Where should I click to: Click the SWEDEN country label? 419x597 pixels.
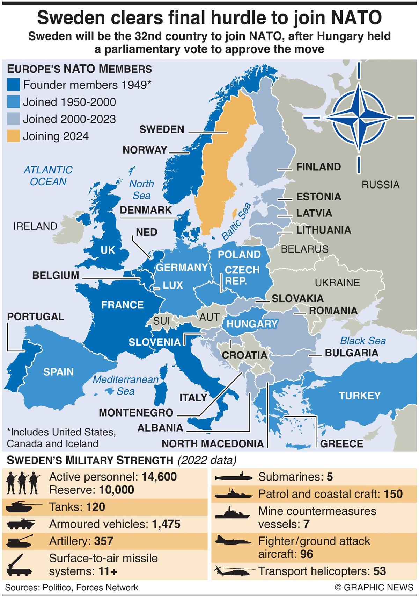162,129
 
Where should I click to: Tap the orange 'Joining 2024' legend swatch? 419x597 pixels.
13,136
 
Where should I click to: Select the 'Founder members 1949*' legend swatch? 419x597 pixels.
13,85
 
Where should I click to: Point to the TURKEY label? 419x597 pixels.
359,396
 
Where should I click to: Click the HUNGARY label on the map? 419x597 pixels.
252,324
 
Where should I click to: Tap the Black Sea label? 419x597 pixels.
363,341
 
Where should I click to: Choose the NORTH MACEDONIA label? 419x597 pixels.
212,444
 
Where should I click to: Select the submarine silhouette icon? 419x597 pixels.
232,477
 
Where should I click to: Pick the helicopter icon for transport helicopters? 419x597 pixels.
232,571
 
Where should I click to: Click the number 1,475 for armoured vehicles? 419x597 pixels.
166,524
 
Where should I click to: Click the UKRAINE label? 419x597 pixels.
337,283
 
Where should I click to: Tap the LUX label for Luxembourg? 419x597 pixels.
173,285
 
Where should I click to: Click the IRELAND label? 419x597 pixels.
35,226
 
